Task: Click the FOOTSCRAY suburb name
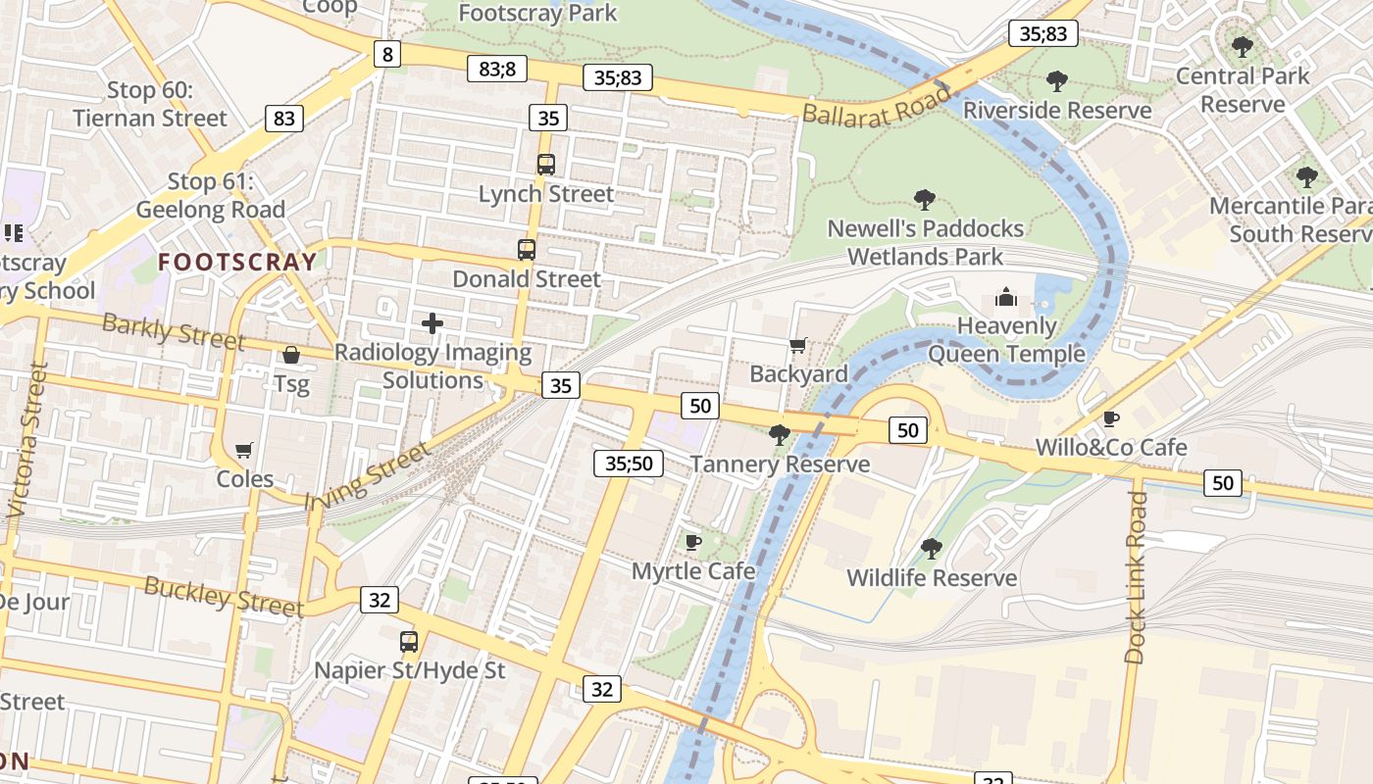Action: [237, 262]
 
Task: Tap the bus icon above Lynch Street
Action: [546, 165]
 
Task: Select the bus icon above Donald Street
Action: [527, 250]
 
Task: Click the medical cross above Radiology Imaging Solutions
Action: [432, 322]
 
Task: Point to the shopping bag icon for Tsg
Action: [291, 355]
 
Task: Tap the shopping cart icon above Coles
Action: [244, 450]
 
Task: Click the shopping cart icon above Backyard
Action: [798, 345]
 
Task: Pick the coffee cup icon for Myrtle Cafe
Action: [693, 542]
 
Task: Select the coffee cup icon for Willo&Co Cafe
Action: [1111, 418]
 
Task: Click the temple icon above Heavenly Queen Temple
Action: [1006, 297]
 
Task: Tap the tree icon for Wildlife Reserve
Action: [932, 549]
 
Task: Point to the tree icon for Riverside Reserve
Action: [1056, 80]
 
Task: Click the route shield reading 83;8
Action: [497, 68]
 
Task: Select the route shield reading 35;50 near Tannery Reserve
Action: [628, 464]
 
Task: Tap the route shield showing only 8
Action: [387, 54]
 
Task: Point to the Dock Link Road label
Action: [1136, 578]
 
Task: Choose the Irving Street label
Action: [368, 476]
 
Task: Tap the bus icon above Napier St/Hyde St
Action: [409, 642]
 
